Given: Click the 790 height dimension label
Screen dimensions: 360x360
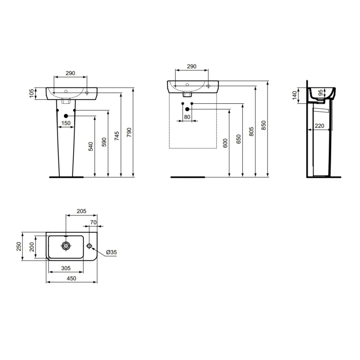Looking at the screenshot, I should coord(129,132).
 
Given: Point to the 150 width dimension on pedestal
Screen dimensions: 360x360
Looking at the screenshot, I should coord(66,123).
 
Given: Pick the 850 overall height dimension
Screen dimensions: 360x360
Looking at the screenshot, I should coord(264,125).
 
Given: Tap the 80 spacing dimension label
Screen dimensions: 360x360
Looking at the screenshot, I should coord(187,117).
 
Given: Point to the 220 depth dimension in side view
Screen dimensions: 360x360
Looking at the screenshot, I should coord(319,126).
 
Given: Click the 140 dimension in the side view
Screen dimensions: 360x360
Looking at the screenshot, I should coord(294,96).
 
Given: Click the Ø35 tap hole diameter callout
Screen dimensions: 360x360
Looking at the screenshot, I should coord(111,252).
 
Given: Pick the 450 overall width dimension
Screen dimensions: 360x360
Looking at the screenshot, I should coord(71,279).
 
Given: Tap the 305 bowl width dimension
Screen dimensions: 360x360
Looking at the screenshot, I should coord(66,268).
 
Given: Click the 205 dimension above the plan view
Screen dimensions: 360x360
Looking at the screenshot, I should coord(81,211).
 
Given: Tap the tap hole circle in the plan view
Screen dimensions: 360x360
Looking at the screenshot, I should coord(89,246).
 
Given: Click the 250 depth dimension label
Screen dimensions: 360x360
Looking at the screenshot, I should coord(18,246).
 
